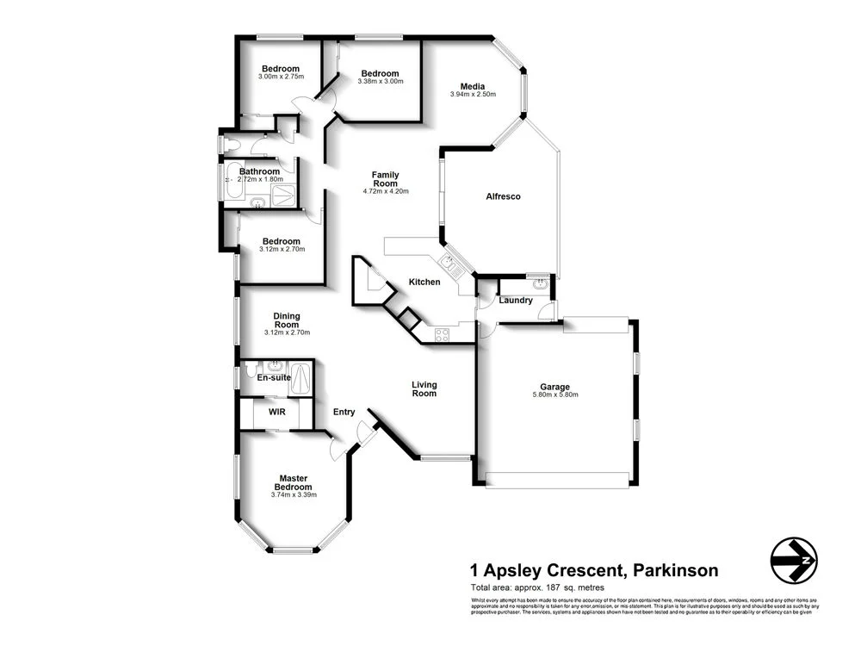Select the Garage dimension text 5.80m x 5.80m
point(554,395)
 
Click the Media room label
point(472,86)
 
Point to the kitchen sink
point(450,262)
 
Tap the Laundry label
point(516,301)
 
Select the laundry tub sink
point(540,282)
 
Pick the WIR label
point(276,413)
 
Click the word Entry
point(344,412)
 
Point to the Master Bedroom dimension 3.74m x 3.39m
point(294,494)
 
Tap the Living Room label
point(424,389)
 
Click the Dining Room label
point(287,320)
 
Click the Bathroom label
point(259,171)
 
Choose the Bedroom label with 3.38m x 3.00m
point(380,73)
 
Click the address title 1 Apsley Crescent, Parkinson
point(593,569)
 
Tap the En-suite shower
point(300,377)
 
